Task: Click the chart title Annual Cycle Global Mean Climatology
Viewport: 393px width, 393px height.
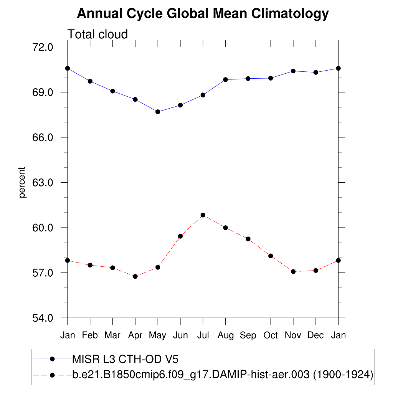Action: click(x=203, y=14)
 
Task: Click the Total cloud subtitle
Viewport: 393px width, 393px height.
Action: click(x=97, y=35)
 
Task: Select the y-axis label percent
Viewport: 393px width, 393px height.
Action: click(x=23, y=182)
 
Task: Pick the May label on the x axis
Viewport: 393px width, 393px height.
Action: click(x=157, y=335)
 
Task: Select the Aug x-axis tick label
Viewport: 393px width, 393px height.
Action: click(x=225, y=335)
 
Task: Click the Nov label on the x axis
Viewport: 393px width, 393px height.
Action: click(x=293, y=335)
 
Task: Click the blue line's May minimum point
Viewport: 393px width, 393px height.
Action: click(x=158, y=112)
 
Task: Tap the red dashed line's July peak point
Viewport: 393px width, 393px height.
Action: click(x=203, y=215)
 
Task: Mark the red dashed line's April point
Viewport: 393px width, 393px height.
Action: click(x=135, y=276)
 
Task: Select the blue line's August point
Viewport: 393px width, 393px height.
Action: click(x=226, y=79)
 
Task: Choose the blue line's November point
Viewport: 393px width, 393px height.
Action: click(x=293, y=71)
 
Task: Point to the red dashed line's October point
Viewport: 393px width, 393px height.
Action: click(x=271, y=256)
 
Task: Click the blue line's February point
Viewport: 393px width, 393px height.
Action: click(x=90, y=81)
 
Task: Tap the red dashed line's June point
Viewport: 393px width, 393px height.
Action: click(x=180, y=236)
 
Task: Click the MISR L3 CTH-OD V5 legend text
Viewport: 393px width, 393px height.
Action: click(x=125, y=359)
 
